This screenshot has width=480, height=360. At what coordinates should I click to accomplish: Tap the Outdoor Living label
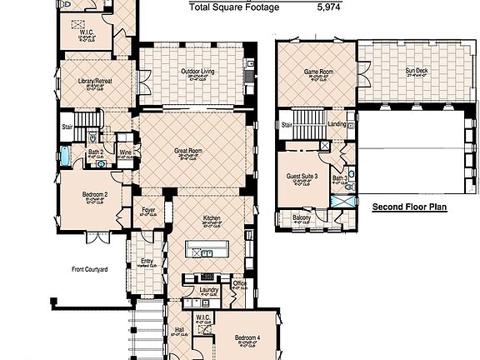click(198, 72)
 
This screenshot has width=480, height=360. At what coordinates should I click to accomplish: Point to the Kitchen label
click(212, 218)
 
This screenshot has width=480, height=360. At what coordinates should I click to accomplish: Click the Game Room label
click(317, 72)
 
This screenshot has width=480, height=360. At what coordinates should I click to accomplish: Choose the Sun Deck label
click(417, 72)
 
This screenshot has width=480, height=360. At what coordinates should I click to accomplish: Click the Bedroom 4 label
click(247, 337)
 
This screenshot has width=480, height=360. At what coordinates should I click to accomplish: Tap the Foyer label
click(149, 211)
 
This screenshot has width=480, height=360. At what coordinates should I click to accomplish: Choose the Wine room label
click(124, 152)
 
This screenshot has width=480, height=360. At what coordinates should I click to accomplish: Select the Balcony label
click(302, 218)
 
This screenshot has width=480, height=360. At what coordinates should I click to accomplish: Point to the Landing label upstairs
click(337, 124)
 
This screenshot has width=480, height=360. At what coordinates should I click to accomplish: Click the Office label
click(240, 284)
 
